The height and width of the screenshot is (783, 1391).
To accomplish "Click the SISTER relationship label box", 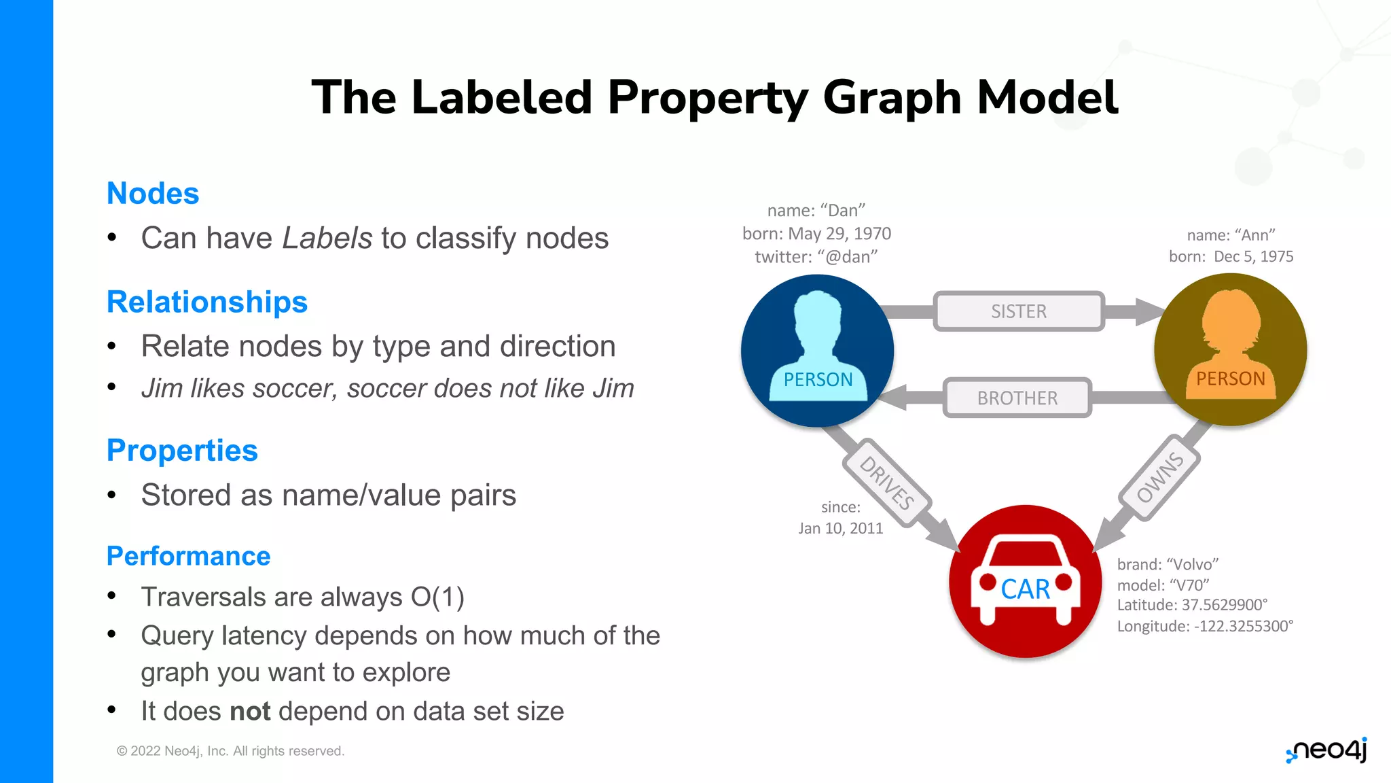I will [x=1018, y=311].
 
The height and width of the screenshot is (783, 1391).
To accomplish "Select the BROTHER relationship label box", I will [x=1017, y=398].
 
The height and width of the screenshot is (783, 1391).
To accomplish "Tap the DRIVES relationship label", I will [x=887, y=483].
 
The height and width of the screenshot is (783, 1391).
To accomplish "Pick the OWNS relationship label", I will [x=1160, y=478].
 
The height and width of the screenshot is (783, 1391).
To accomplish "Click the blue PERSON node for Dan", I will [x=817, y=351].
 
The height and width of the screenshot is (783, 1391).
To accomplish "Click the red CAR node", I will [x=1025, y=582].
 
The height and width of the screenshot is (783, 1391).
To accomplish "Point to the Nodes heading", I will [x=153, y=194].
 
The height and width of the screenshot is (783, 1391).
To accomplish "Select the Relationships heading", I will [x=207, y=302].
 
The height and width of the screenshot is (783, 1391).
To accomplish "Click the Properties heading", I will [x=182, y=451].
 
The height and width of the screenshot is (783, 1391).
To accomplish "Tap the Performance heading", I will [x=188, y=556].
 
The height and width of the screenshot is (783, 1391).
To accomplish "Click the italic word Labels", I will [x=327, y=239].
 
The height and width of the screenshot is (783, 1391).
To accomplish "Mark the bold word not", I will [x=250, y=712].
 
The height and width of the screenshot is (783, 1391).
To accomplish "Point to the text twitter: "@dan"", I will [x=816, y=257].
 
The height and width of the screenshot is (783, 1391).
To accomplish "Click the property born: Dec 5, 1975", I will [x=1231, y=257].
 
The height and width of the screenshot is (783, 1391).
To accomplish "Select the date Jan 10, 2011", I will [x=840, y=529].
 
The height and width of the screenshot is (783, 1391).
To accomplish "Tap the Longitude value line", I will [x=1205, y=626].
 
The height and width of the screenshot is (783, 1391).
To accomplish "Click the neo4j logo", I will [x=1326, y=751].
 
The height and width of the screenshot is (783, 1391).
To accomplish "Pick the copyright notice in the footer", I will [x=230, y=751].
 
